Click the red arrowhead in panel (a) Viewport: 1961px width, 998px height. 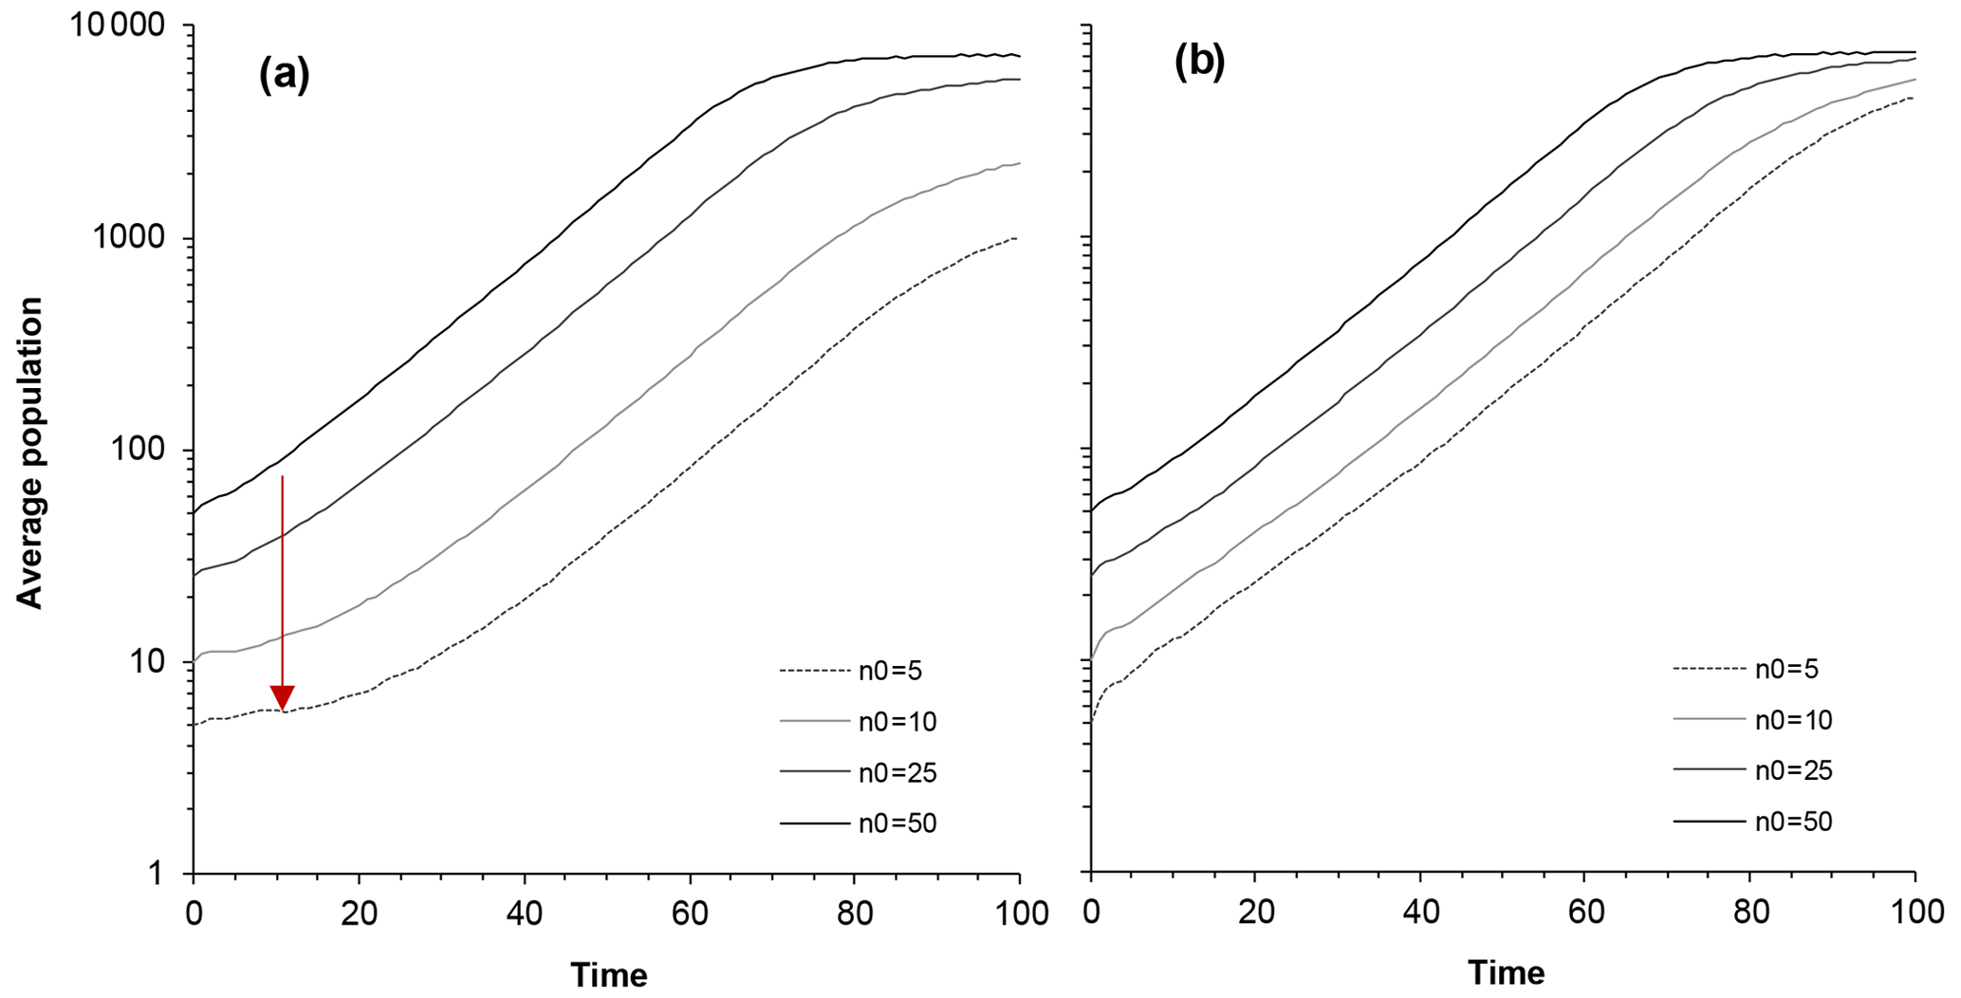(282, 696)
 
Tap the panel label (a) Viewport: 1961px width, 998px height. (284, 73)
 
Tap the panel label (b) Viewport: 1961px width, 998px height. (1199, 63)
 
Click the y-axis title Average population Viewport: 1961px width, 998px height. (30, 453)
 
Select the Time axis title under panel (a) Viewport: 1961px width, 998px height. (608, 974)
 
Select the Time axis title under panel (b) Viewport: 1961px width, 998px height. (1506, 972)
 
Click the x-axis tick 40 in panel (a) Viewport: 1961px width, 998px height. (524, 914)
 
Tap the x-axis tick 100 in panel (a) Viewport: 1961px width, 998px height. (1019, 914)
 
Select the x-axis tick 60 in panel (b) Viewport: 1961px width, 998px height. (1586, 913)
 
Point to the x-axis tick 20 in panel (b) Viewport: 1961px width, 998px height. (1255, 913)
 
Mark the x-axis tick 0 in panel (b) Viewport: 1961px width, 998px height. (1091, 913)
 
